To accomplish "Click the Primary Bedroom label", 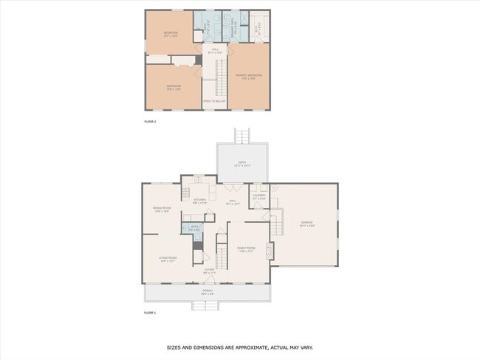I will pyautogui.click(x=249, y=75).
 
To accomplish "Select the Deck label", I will pyautogui.click(x=241, y=163).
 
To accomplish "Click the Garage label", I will pyautogui.click(x=306, y=222).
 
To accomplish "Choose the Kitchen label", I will pyautogui.click(x=200, y=200).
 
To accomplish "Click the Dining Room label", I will pyautogui.click(x=162, y=209).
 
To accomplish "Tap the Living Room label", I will pyautogui.click(x=167, y=258).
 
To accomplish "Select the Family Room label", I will pyautogui.click(x=245, y=248).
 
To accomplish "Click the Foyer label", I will pyautogui.click(x=209, y=271).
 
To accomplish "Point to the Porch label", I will pyautogui.click(x=208, y=291).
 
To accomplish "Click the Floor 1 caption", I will pyautogui.click(x=151, y=312).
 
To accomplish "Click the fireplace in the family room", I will pyautogui.click(x=270, y=251).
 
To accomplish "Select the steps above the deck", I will pyautogui.click(x=242, y=136).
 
